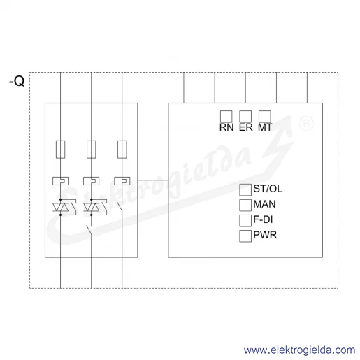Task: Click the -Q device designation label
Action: click(17, 81)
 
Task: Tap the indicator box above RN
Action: click(226, 117)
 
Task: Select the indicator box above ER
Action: click(245, 117)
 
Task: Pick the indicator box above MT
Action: click(265, 117)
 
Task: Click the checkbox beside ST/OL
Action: click(245, 189)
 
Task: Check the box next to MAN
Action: click(245, 205)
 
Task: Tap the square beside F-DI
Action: click(245, 220)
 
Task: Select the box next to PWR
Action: click(245, 236)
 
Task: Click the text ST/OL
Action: click(268, 189)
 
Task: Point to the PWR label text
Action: click(265, 235)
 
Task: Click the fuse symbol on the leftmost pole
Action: click(60, 150)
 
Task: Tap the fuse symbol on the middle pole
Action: click(91, 150)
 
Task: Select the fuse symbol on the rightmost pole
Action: click(122, 150)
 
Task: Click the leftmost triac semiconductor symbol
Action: click(61, 207)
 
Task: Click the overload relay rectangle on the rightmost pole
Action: click(122, 181)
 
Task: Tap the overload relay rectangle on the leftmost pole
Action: click(60, 181)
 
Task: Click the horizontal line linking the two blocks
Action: click(153, 180)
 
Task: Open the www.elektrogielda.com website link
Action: click(299, 350)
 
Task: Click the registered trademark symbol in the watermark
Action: click(306, 124)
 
